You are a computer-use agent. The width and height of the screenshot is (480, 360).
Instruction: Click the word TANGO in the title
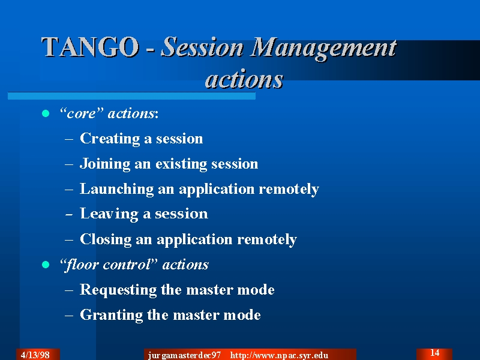click(x=90, y=47)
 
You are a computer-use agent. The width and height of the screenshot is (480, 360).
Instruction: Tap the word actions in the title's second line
click(x=244, y=79)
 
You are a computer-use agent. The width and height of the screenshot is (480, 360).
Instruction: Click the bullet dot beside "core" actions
click(x=46, y=113)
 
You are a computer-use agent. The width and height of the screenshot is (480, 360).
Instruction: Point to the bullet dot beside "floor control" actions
click(x=46, y=265)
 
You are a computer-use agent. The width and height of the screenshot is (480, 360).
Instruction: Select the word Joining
click(x=105, y=164)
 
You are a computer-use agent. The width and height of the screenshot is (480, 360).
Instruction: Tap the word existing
click(x=181, y=164)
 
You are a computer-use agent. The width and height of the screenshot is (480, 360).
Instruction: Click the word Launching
click(x=116, y=189)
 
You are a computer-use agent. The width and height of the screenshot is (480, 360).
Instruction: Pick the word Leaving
click(x=109, y=214)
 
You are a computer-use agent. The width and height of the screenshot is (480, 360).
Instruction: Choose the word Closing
click(x=106, y=239)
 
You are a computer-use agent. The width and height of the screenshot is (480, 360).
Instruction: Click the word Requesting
click(x=118, y=290)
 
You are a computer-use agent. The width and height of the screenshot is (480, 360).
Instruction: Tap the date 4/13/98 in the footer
click(x=35, y=355)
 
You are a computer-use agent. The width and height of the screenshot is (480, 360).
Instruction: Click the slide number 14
click(x=434, y=353)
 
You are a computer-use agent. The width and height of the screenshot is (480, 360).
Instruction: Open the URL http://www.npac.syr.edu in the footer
click(x=279, y=355)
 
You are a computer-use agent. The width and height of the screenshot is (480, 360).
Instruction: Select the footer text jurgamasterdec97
click(x=184, y=355)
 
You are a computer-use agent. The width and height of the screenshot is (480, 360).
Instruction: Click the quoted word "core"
click(x=82, y=113)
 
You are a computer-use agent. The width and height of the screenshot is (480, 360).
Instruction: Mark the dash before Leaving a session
click(x=69, y=214)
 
